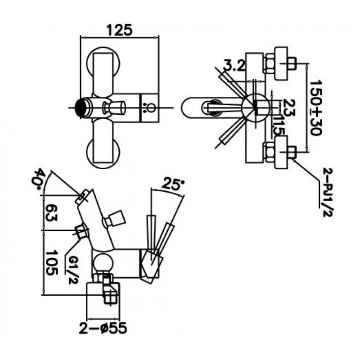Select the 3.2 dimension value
[x=234, y=66]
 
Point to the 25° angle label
[x=173, y=184]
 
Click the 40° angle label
[x=40, y=179]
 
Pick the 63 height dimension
[x=50, y=212]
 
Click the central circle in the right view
[x=255, y=108]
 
